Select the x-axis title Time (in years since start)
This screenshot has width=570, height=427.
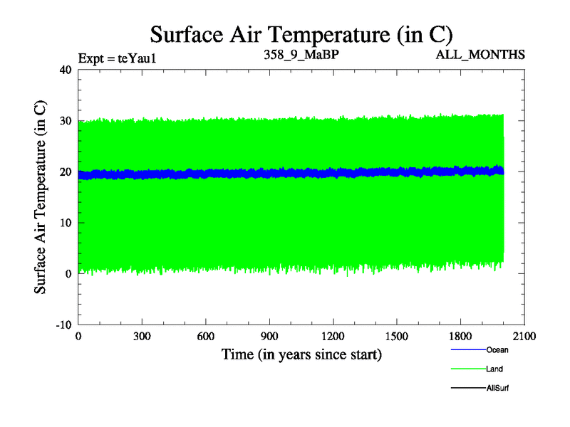pos(301,354)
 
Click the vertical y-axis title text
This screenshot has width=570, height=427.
pos(41,196)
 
